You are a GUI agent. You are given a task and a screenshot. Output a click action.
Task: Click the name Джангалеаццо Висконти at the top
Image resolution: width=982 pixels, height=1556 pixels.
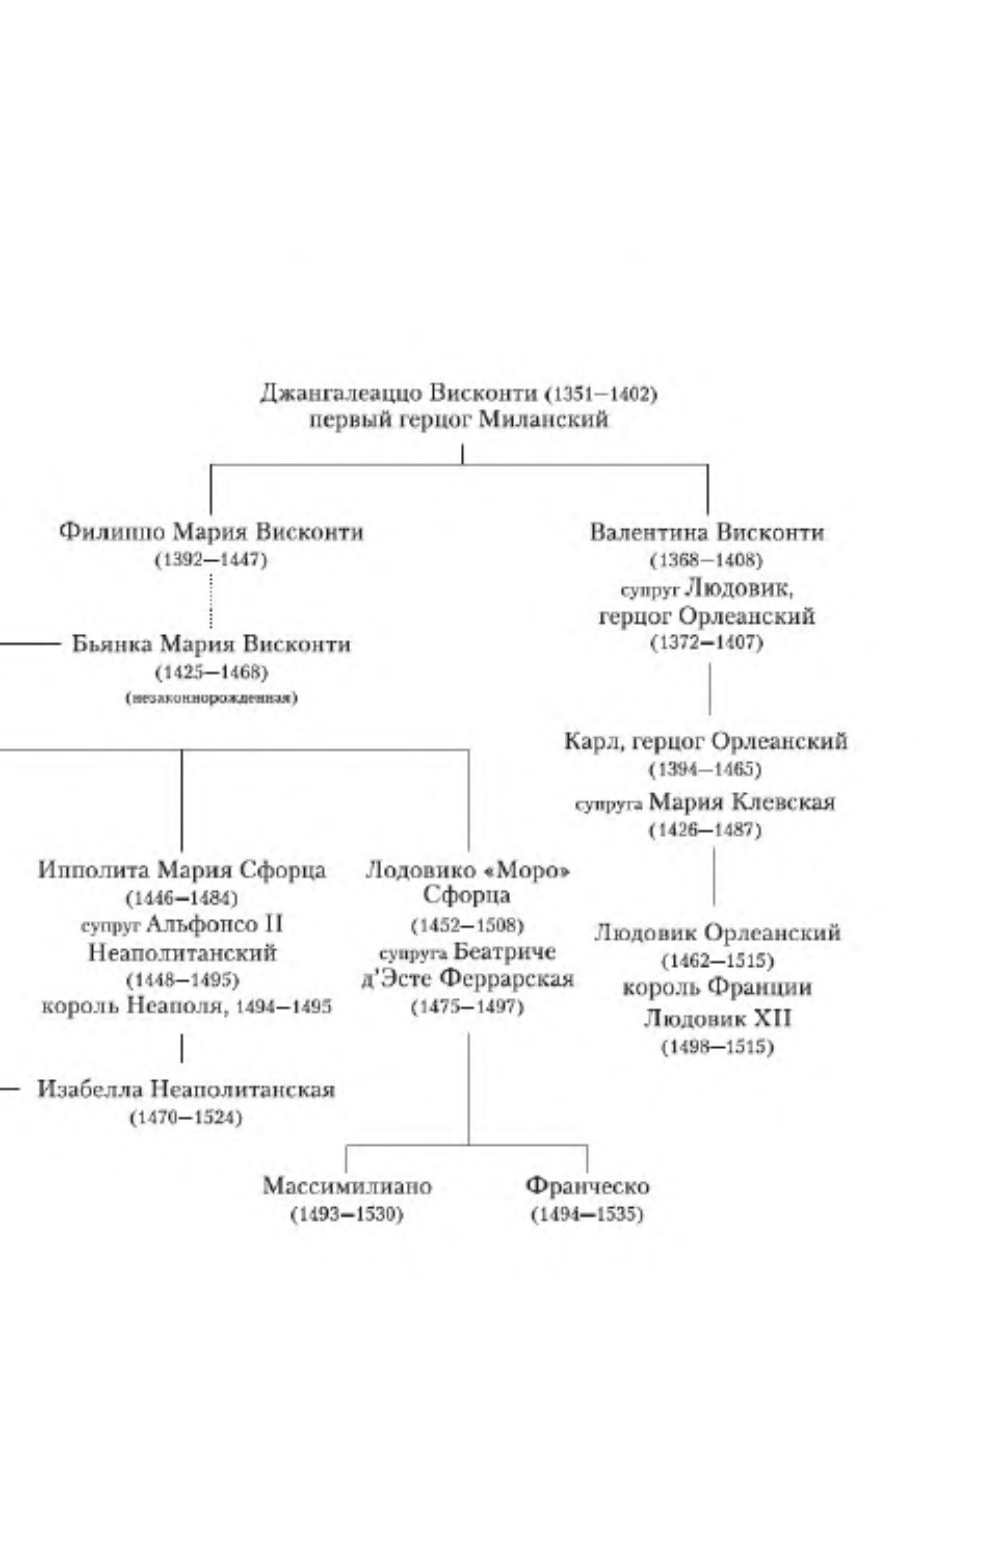click(x=399, y=394)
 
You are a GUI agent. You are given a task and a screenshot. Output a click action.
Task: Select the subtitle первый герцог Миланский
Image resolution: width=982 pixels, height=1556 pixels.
click(x=459, y=420)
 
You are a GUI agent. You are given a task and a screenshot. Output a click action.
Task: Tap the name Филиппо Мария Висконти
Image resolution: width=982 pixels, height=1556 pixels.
click(x=211, y=532)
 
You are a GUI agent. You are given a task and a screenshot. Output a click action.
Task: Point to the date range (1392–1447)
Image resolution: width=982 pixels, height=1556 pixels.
click(x=211, y=560)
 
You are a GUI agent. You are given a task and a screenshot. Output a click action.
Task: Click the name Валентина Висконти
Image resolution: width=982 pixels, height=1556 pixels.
click(x=707, y=533)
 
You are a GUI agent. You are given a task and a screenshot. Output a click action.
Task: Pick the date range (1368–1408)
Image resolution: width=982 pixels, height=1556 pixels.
click(x=707, y=560)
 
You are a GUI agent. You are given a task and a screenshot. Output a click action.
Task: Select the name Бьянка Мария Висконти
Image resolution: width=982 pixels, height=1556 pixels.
click(x=211, y=644)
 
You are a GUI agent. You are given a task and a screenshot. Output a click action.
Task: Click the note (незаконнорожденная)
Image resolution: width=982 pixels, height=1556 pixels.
click(x=211, y=698)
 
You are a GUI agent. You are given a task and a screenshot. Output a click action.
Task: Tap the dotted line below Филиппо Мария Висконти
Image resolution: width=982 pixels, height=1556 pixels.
click(x=211, y=600)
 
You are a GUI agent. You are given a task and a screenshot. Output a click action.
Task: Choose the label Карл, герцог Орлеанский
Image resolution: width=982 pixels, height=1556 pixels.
click(x=705, y=741)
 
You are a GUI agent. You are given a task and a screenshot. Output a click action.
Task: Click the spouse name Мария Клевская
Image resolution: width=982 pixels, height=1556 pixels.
click(x=742, y=802)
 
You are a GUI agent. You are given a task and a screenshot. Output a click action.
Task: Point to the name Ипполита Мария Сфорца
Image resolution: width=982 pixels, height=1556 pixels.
click(x=182, y=870)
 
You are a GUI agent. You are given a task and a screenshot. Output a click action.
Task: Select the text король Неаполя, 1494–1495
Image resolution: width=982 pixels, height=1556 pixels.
click(x=186, y=1006)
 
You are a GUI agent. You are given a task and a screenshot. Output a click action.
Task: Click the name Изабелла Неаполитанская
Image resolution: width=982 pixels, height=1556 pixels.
click(x=186, y=1089)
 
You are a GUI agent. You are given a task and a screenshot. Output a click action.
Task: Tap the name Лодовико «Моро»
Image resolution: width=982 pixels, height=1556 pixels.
click(x=468, y=870)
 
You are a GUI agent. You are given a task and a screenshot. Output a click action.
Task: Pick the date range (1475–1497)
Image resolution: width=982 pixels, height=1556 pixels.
click(x=468, y=1007)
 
